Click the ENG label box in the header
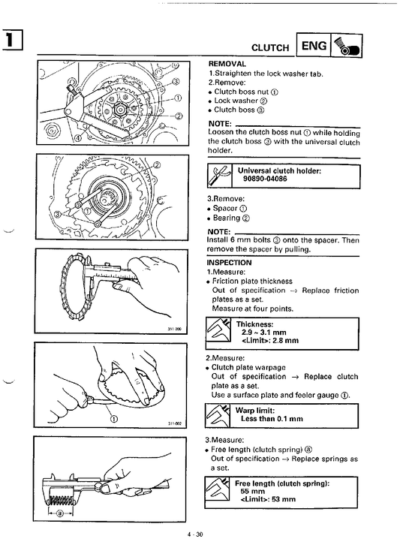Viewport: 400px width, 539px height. tap(313, 45)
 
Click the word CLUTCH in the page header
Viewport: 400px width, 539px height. tap(270, 48)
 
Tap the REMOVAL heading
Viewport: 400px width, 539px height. tap(227, 64)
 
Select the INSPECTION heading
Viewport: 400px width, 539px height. tap(229, 263)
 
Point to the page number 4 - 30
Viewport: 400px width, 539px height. tap(195, 534)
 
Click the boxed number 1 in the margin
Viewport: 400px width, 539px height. tap(12, 40)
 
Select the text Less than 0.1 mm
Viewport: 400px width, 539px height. tap(272, 419)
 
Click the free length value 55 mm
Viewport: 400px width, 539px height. tap(253, 491)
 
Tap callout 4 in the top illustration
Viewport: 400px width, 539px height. tap(79, 138)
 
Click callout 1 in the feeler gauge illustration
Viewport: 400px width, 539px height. tap(114, 419)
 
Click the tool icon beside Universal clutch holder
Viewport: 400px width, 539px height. tap(220, 176)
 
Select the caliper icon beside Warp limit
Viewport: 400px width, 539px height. tap(218, 415)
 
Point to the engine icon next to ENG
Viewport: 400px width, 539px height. tap(347, 45)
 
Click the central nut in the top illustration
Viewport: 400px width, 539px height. tap(120, 110)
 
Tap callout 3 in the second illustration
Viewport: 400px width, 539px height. tap(58, 215)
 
